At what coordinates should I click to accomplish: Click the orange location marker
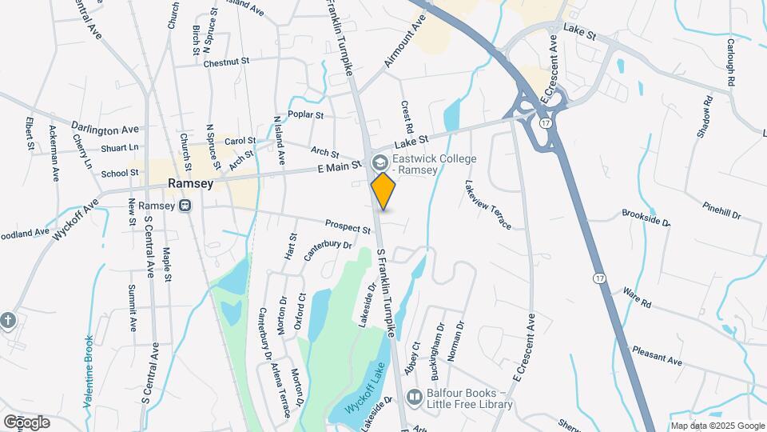[x=383, y=191]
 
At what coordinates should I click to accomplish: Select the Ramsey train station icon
[x=185, y=206]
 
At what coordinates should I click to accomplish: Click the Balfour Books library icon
[x=414, y=396]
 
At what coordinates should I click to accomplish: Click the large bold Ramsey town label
[x=190, y=183]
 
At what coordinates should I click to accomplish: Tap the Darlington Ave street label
[x=105, y=129]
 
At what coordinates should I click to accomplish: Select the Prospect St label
[x=348, y=226]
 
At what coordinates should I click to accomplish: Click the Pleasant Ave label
[x=657, y=356]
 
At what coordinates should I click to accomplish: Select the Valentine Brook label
[x=89, y=372]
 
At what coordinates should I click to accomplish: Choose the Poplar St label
[x=306, y=115]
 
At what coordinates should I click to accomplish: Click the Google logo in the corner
[x=26, y=422]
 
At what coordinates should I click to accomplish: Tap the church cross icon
[x=8, y=320]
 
